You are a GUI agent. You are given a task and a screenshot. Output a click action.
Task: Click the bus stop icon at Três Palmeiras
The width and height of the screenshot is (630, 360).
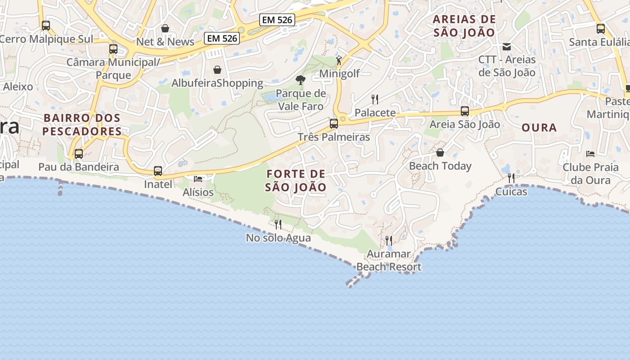[x=333, y=123]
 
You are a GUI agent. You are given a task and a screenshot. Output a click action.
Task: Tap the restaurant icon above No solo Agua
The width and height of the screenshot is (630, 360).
[x=278, y=224]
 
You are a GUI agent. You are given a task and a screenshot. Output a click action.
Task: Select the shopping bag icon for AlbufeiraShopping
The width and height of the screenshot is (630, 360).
[x=217, y=70]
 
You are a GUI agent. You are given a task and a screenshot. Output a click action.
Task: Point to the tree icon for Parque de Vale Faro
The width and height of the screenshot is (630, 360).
[x=300, y=81]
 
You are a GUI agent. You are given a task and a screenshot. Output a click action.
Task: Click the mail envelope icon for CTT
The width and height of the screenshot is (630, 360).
[x=507, y=46]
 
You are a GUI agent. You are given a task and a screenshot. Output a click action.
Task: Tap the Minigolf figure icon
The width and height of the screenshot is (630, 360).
[x=339, y=60]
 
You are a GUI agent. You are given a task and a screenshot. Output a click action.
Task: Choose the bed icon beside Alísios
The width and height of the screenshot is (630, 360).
[x=198, y=179]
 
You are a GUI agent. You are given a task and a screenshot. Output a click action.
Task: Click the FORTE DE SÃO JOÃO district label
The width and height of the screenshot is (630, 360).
[x=296, y=180]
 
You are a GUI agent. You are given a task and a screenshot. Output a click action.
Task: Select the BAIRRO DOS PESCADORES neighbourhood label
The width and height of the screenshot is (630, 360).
[x=82, y=125]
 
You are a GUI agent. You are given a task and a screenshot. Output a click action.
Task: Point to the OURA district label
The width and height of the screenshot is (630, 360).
[x=539, y=127]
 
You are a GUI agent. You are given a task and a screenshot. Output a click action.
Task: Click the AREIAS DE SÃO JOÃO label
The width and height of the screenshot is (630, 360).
[x=464, y=26]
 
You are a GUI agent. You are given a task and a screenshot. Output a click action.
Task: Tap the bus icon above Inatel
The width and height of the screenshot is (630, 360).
[x=157, y=171]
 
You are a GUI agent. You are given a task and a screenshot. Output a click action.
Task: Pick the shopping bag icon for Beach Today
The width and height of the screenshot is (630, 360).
[x=440, y=153]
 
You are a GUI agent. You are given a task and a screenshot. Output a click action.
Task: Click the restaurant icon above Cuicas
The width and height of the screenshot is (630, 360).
[x=511, y=178]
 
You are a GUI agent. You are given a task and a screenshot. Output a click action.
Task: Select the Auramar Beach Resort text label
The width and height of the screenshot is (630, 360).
[x=389, y=260]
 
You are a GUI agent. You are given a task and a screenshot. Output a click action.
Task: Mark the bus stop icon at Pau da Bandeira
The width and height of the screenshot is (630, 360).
[x=79, y=154]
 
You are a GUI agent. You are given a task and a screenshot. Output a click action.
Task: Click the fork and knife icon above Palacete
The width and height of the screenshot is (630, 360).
[x=374, y=99]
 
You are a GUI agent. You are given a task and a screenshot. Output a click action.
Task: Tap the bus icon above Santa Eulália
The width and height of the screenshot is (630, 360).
[x=600, y=29]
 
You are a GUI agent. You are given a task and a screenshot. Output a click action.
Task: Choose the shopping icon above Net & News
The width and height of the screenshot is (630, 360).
[x=165, y=28]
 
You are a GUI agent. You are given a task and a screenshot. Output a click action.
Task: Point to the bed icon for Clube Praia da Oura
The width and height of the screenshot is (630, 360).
[x=590, y=154]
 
